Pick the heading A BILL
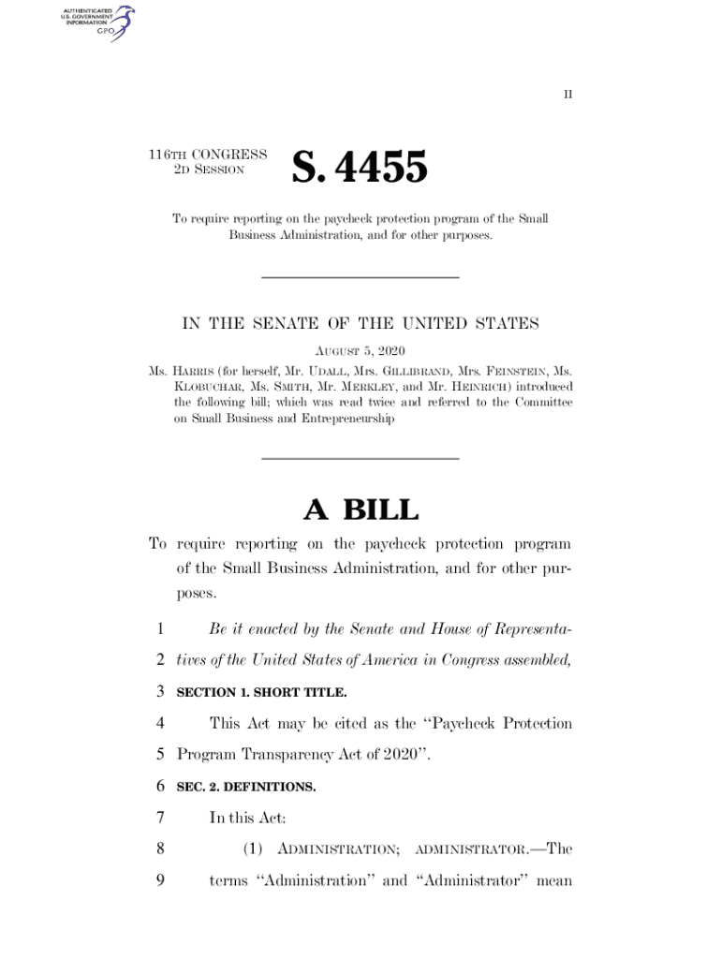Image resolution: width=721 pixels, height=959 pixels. (360, 510)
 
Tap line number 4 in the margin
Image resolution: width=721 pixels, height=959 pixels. (160, 724)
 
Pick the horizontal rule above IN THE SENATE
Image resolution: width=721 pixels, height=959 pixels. (360, 277)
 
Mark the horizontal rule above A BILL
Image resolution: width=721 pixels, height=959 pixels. (360, 458)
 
